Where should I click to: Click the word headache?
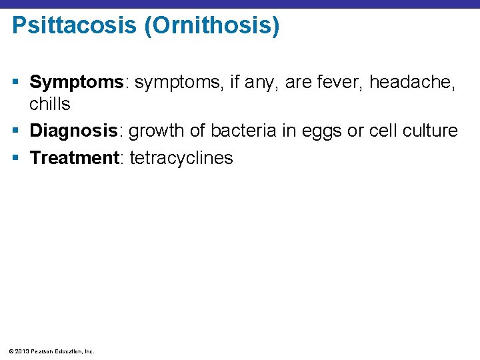[x=412, y=82]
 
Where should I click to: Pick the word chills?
[x=49, y=105]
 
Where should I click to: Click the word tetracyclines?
[x=181, y=159]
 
